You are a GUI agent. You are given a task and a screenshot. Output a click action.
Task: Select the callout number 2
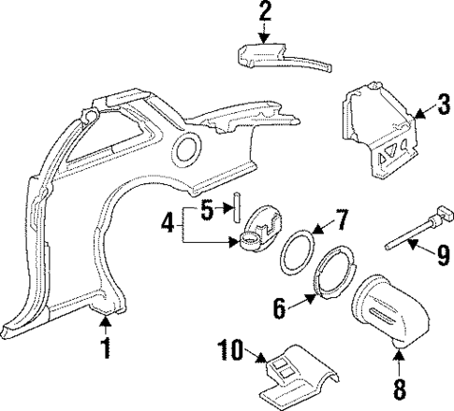265,13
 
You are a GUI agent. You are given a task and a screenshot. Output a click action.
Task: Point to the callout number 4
167,225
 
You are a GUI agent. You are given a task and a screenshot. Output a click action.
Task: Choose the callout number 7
342,221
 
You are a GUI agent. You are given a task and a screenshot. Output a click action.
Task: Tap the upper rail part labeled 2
281,59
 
